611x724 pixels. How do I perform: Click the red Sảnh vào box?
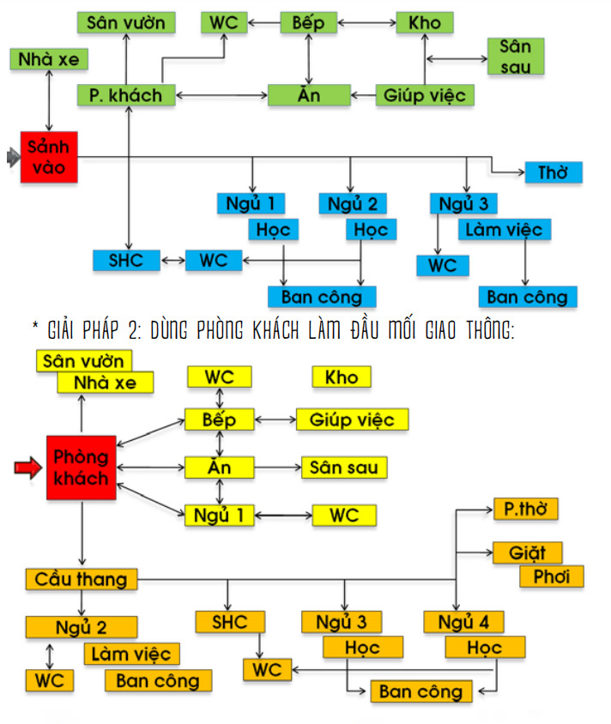tap(49, 156)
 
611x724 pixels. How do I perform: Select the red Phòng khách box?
tap(82, 467)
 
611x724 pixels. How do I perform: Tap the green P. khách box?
tap(126, 95)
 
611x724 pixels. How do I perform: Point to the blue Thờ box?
tap(554, 172)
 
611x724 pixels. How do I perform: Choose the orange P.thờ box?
tap(525, 509)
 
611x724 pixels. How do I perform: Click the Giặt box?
tap(528, 552)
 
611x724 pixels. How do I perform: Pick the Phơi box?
tap(552, 576)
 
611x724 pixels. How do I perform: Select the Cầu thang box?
tap(82, 579)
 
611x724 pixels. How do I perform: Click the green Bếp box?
tap(308, 22)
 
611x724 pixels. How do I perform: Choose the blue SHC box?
tap(127, 259)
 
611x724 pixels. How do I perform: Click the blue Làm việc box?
tap(505, 229)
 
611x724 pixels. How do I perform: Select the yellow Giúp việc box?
tap(352, 419)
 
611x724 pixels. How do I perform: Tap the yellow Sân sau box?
tap(344, 467)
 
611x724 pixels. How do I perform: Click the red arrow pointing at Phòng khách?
tap(27, 468)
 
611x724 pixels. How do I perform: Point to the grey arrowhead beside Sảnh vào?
tap(12, 157)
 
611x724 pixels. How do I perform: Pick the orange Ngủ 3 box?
tap(342, 621)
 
